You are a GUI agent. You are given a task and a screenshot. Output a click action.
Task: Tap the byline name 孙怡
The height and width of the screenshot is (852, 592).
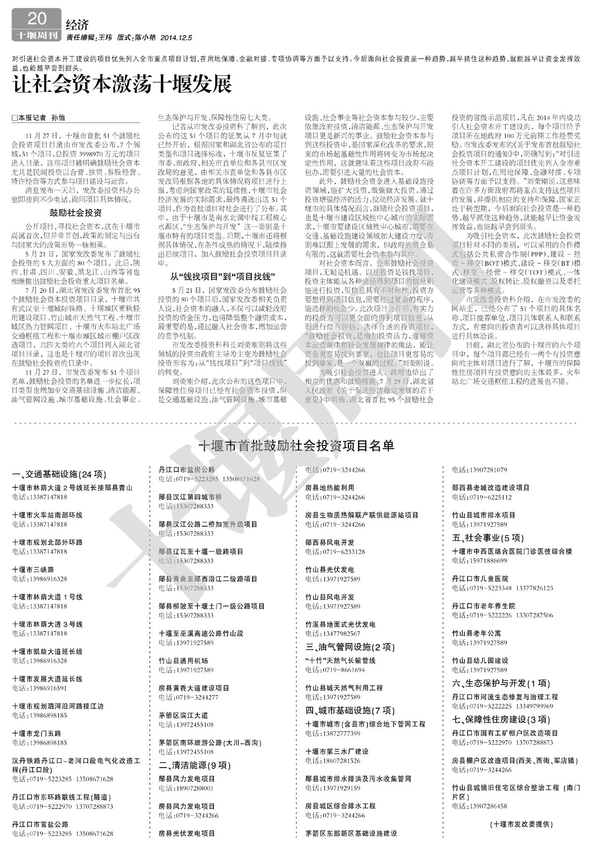58,118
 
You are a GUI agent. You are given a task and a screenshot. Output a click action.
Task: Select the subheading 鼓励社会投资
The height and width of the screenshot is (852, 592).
75,213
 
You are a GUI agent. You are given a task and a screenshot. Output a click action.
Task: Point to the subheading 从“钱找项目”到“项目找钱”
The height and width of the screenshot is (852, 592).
223,276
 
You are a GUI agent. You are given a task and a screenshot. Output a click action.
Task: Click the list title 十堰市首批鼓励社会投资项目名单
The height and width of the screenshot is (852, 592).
296,445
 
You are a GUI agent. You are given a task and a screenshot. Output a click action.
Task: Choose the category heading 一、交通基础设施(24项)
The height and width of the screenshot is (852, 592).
59,475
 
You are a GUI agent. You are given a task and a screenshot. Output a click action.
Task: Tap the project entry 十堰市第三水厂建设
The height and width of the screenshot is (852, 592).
337,751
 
